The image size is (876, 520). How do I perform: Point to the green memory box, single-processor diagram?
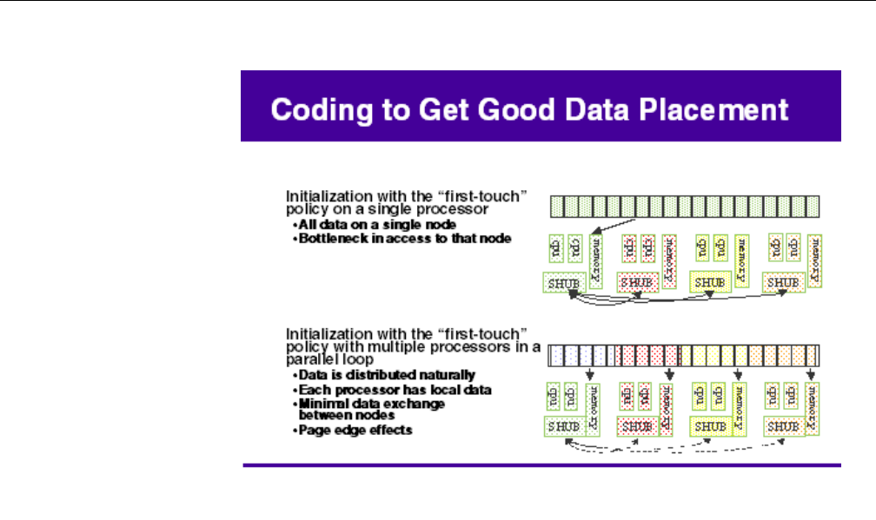pyautogui.click(x=596, y=260)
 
